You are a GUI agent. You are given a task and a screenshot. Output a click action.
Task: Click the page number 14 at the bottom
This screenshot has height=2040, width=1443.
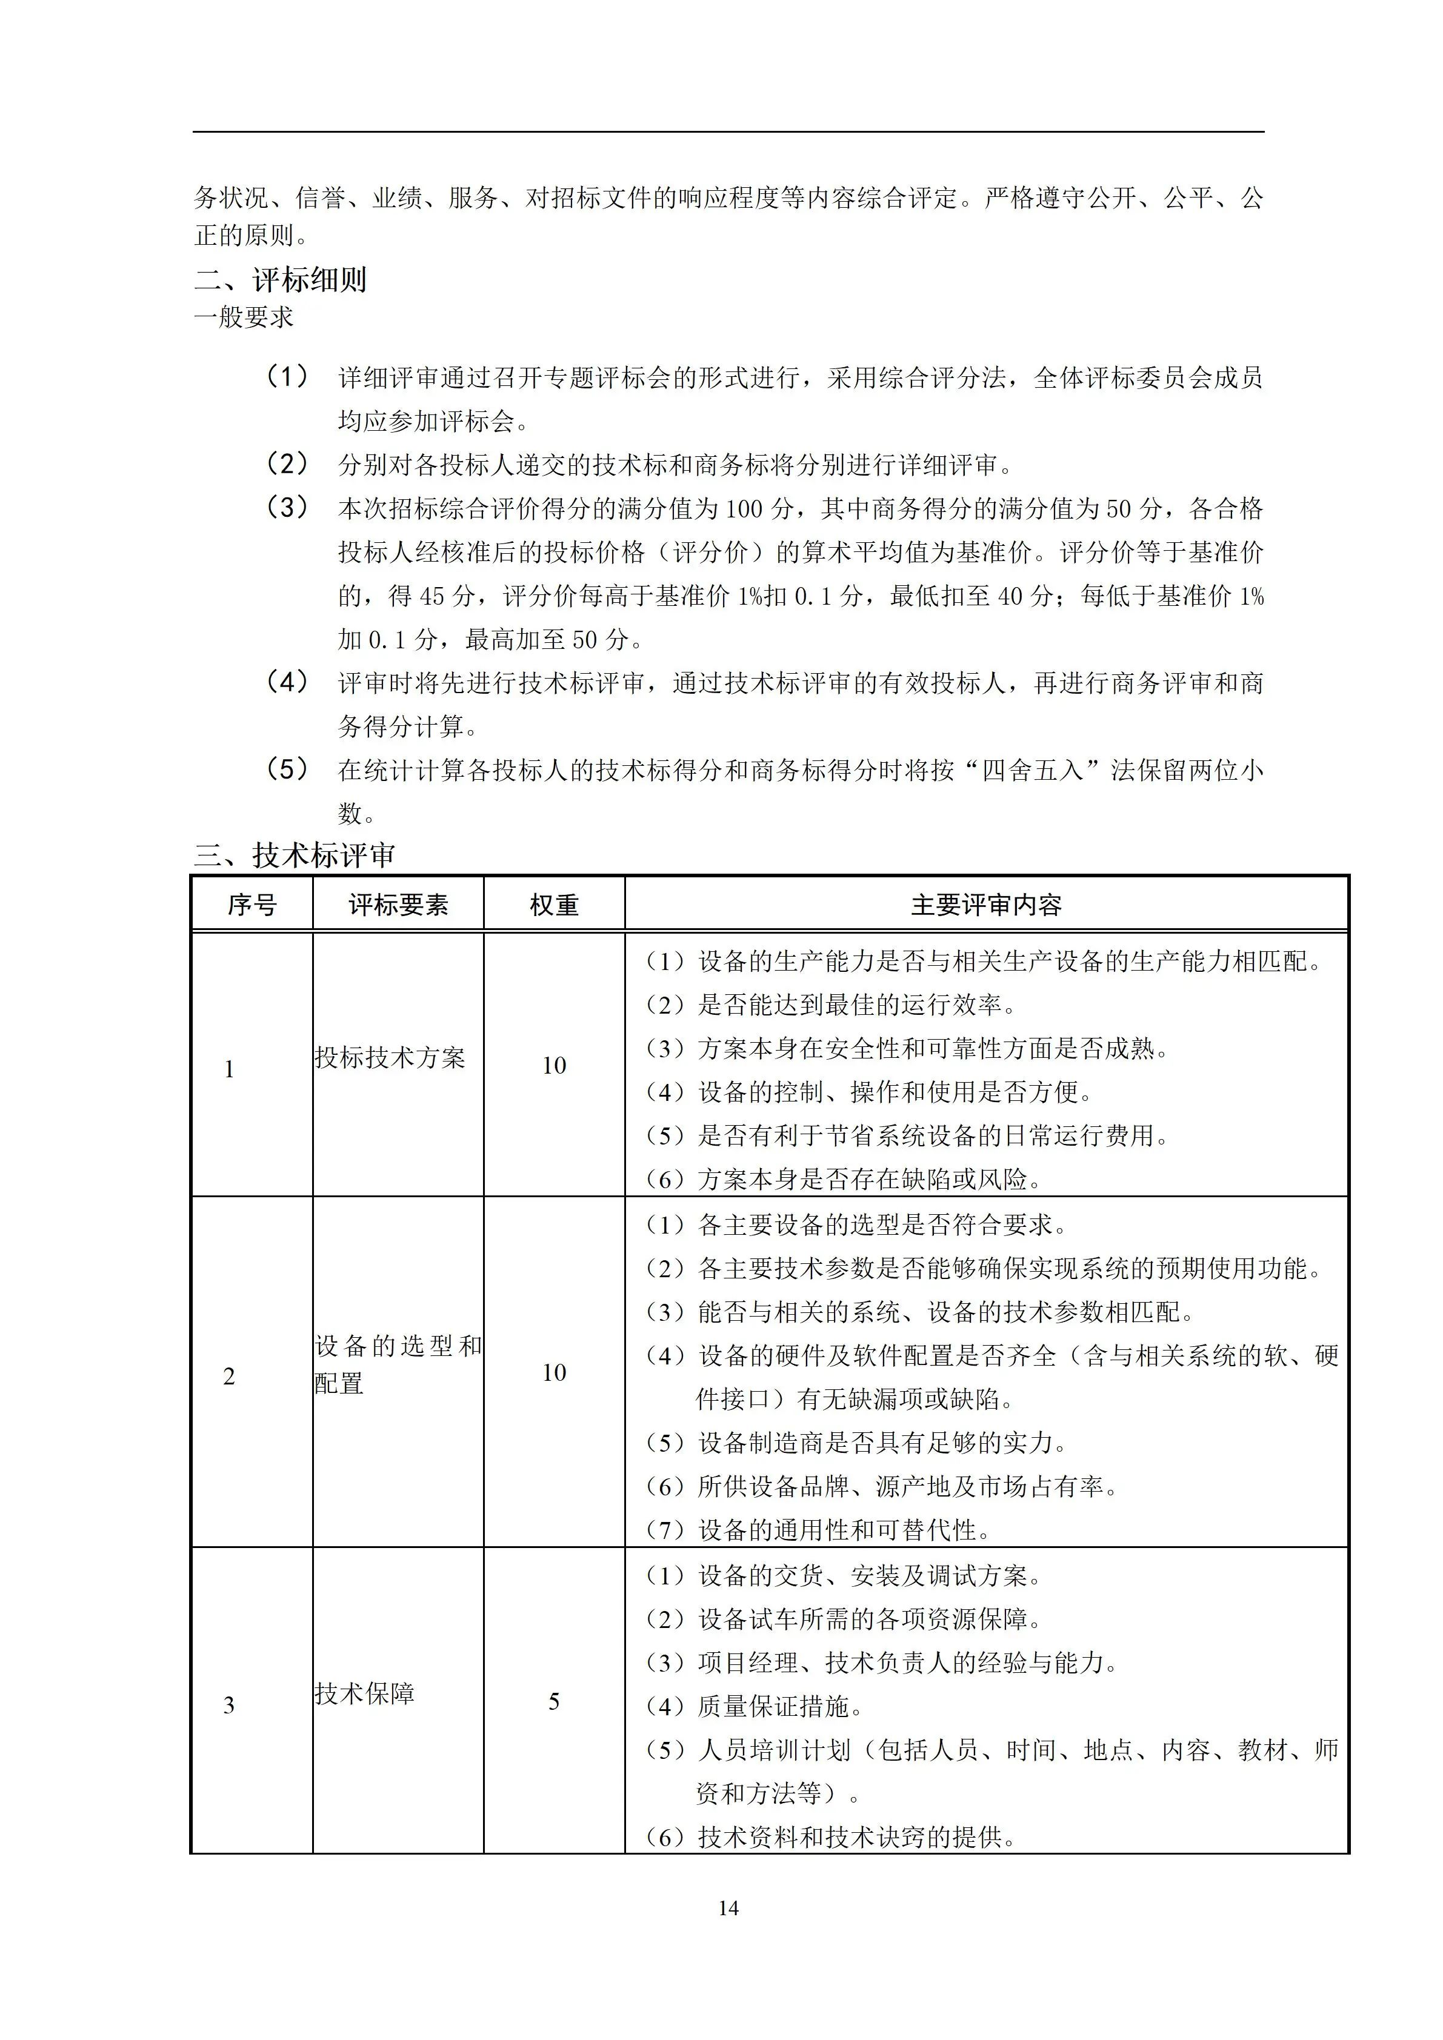728,1907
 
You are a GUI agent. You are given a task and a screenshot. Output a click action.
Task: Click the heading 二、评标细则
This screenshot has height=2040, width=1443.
280,280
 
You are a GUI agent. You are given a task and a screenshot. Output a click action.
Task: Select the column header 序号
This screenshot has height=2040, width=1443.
252,905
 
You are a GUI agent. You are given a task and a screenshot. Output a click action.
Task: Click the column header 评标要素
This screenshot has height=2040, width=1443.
398,905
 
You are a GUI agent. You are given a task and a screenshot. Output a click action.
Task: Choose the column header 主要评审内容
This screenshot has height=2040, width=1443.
986,905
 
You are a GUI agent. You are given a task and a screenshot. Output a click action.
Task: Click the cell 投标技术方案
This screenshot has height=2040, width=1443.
390,1057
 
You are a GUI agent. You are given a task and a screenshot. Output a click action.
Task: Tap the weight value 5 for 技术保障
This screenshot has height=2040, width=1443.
553,1701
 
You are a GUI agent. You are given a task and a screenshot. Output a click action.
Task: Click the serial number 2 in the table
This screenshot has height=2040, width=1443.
229,1377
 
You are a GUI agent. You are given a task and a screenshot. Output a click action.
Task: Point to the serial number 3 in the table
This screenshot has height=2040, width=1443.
229,1705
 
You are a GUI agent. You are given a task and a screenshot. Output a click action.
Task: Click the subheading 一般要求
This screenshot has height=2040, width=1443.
244,317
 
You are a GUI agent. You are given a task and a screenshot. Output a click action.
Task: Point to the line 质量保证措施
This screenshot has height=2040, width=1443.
773,1706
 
